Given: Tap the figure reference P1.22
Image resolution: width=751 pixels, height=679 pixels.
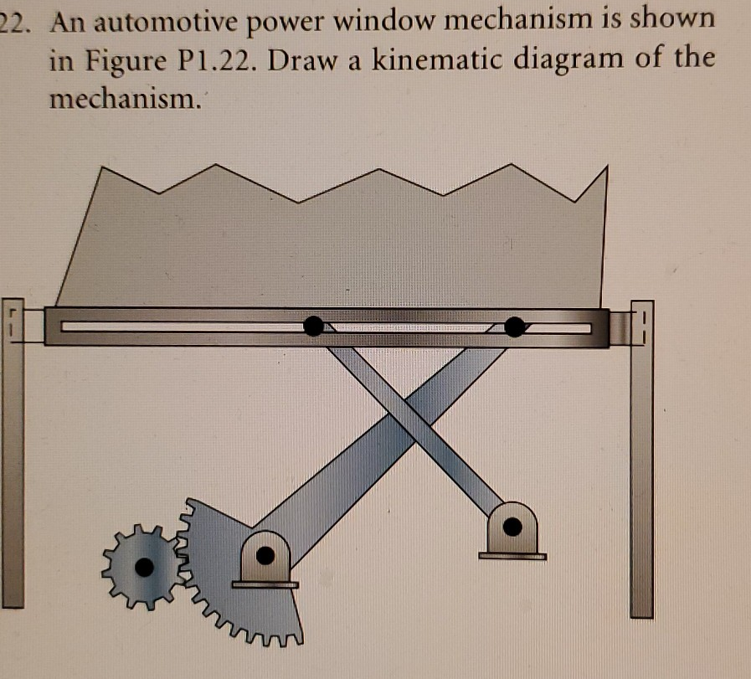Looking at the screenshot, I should [x=221, y=60].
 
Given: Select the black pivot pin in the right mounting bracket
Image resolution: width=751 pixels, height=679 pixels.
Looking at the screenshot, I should [x=512, y=526].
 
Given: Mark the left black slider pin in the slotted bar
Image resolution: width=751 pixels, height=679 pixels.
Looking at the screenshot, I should [x=313, y=326].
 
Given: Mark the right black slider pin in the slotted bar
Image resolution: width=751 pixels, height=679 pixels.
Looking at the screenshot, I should [x=515, y=326].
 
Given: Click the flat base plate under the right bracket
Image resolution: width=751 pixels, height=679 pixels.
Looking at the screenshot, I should [x=512, y=554].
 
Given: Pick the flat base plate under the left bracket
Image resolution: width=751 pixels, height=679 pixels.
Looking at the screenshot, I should [x=265, y=584].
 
